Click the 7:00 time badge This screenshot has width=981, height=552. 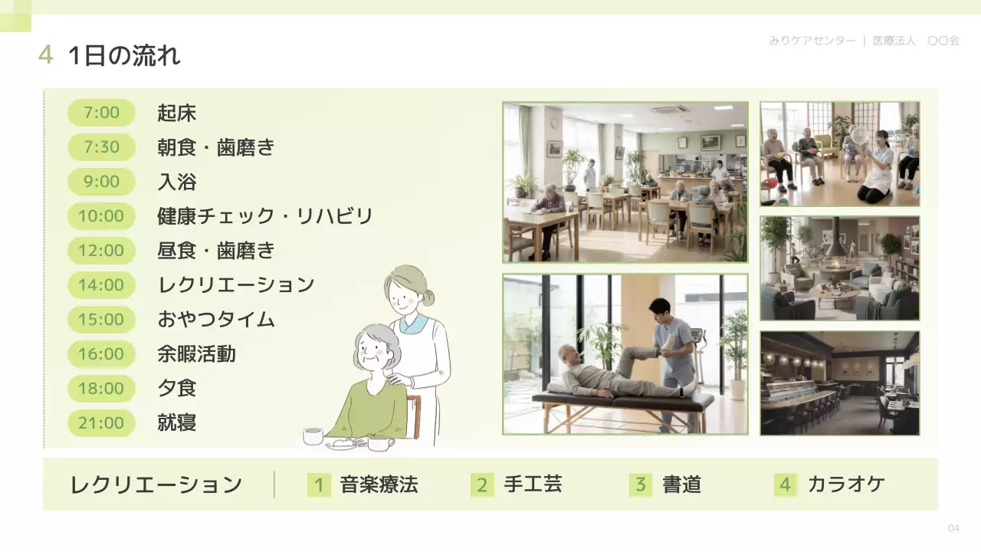pyautogui.click(x=101, y=113)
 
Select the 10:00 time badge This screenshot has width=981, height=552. pyautogui.click(x=101, y=216)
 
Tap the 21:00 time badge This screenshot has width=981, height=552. pyautogui.click(x=101, y=422)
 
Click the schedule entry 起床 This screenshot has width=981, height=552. pyautogui.click(x=177, y=113)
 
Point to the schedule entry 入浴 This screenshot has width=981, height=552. pyautogui.click(x=177, y=182)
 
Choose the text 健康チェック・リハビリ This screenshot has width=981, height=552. pyautogui.click(x=265, y=216)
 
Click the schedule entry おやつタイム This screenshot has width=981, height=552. pyautogui.click(x=216, y=319)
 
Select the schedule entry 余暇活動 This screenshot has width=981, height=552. pyautogui.click(x=196, y=353)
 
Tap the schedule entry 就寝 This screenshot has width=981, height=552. pyautogui.click(x=177, y=422)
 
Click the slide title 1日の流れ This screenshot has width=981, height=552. pyautogui.click(x=124, y=55)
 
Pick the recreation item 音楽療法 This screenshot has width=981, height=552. pyautogui.click(x=379, y=485)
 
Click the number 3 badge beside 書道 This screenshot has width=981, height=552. pyautogui.click(x=641, y=485)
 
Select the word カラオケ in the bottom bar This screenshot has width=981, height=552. pyautogui.click(x=846, y=485)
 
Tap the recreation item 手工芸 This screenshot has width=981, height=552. pyautogui.click(x=533, y=485)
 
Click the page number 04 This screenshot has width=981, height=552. pyautogui.click(x=953, y=528)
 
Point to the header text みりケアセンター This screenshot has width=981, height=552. pyautogui.click(x=812, y=41)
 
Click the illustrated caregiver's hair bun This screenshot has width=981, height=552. pyautogui.click(x=427, y=296)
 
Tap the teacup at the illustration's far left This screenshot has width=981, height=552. pyautogui.click(x=313, y=436)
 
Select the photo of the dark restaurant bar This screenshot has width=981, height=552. pyautogui.click(x=839, y=383)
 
